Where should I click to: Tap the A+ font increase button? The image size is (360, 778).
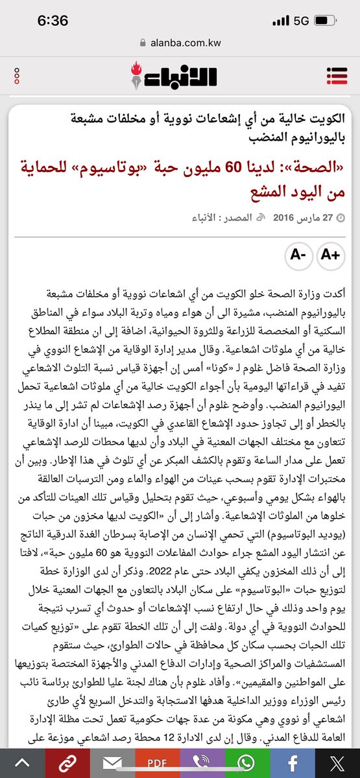(331, 255)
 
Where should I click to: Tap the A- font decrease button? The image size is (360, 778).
(298, 255)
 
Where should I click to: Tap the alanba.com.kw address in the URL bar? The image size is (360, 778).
(186, 42)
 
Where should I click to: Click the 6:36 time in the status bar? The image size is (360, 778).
(53, 21)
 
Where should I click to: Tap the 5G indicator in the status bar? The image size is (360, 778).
(301, 21)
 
